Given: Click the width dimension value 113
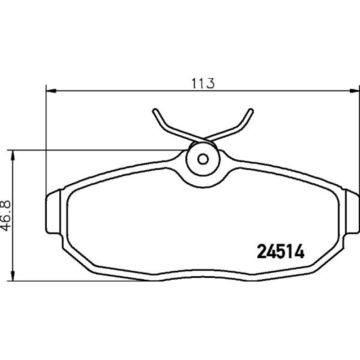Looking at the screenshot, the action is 203,84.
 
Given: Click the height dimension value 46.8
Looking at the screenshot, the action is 5,216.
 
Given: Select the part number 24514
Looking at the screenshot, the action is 280,251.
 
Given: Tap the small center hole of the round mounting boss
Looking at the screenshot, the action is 203,159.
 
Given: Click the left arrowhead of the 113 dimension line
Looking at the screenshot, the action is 51,91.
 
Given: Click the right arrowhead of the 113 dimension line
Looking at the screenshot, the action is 354,91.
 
